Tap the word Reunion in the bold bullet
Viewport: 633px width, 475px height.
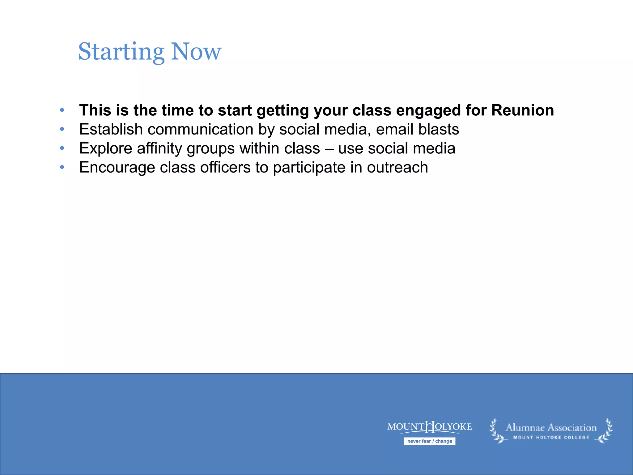[x=522, y=110]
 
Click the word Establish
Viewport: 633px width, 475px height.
[x=111, y=129]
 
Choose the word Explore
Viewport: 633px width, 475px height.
[x=106, y=149]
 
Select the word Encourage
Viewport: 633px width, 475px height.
[x=117, y=168]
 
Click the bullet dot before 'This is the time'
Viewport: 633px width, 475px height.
[x=62, y=110]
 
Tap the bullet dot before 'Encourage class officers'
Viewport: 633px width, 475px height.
[x=62, y=167]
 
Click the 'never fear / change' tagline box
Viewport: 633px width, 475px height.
[x=429, y=441]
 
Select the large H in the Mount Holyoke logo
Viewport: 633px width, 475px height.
[x=430, y=427]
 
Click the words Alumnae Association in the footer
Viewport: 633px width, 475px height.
[x=551, y=428]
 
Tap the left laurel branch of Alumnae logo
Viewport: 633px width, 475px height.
[x=496, y=431]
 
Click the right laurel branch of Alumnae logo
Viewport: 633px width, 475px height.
[x=605, y=431]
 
